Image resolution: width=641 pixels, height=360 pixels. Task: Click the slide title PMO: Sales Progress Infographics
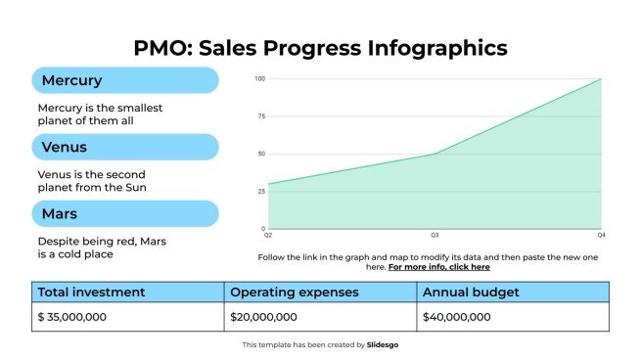tap(320, 47)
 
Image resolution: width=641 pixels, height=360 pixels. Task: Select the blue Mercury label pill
tap(124, 80)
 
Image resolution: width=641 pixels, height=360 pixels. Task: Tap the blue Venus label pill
tap(124, 147)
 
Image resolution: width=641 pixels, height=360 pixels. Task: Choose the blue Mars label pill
tap(124, 213)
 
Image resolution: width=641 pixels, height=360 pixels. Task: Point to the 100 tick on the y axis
tap(259, 79)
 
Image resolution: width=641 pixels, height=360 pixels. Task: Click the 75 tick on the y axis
tap(260, 116)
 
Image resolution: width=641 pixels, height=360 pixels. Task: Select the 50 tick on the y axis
tap(260, 154)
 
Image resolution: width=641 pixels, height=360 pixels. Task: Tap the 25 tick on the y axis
tap(260, 191)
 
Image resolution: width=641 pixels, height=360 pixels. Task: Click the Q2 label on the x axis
tap(268, 236)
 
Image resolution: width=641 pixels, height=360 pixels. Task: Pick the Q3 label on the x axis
tap(435, 236)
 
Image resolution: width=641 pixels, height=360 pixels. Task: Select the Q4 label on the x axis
tap(601, 236)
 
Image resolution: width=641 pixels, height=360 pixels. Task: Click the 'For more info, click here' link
tap(439, 267)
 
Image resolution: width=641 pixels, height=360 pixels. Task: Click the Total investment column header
tap(92, 292)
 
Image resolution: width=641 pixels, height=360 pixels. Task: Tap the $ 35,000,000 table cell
tap(72, 317)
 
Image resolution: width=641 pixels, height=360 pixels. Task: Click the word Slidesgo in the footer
tap(383, 344)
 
